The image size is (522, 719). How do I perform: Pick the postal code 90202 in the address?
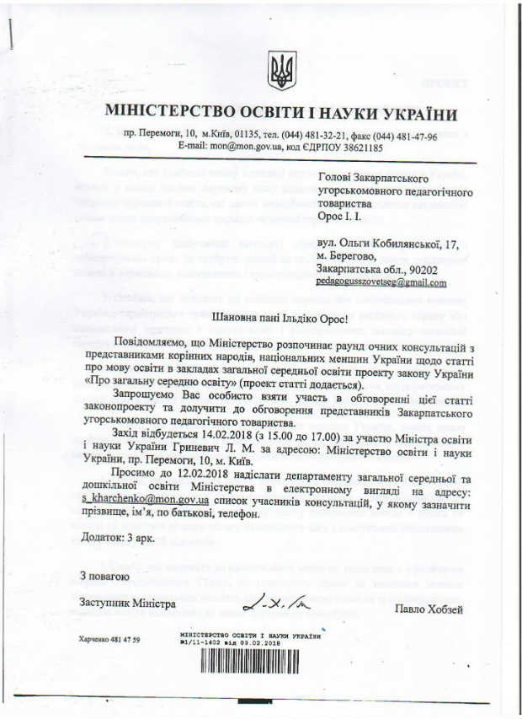429,269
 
